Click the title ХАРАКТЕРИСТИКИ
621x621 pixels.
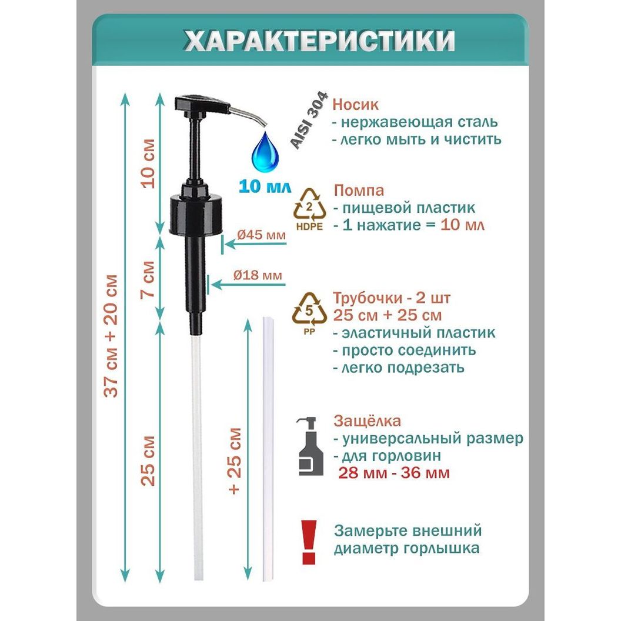point(320,41)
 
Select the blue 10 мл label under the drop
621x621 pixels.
point(264,186)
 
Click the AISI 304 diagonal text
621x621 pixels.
point(310,120)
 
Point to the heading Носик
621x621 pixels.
point(355,105)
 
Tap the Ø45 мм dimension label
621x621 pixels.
point(261,235)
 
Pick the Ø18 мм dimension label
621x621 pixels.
point(258,275)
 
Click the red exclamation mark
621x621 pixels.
point(309,542)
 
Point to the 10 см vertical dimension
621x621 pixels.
point(149,163)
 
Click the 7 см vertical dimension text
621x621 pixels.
point(149,279)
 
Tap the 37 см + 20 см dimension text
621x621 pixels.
point(111,335)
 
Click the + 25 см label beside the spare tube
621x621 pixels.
point(235,461)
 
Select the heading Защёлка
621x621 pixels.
point(367,420)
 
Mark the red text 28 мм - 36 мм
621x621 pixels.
point(394,473)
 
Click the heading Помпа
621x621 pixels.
point(359,191)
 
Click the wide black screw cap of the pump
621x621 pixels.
point(196,214)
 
